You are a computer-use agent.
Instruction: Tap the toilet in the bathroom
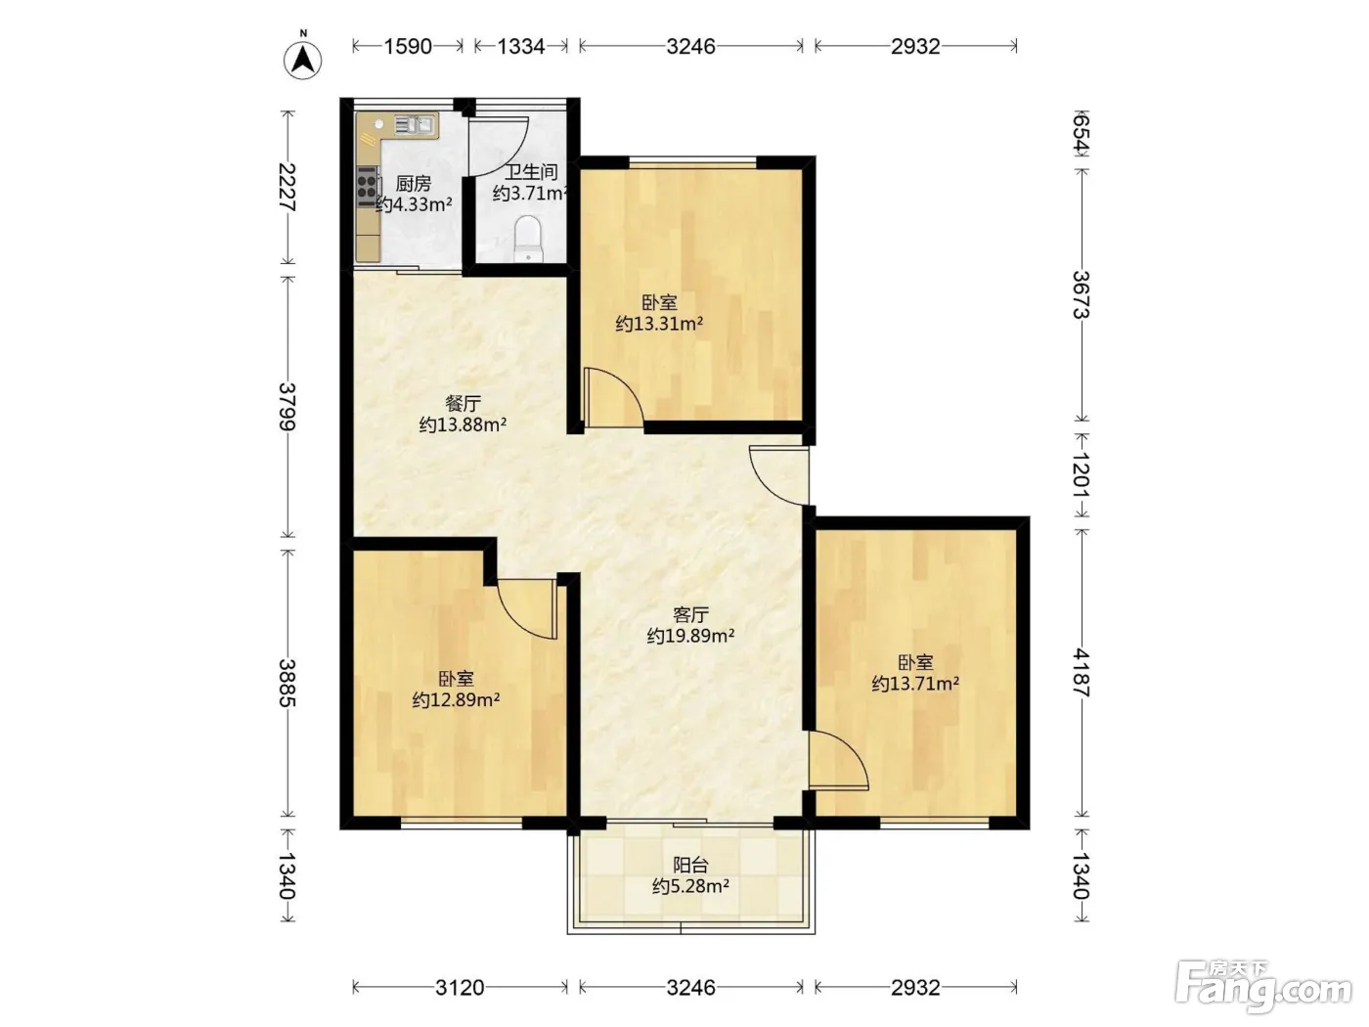(528, 239)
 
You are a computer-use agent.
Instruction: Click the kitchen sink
(415, 125)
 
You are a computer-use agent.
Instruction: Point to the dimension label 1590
(407, 46)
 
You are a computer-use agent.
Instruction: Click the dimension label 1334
(521, 46)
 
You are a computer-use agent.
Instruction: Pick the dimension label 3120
(460, 987)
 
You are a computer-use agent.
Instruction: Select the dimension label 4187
(1082, 673)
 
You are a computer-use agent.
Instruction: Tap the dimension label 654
(1082, 132)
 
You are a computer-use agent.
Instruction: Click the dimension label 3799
(287, 407)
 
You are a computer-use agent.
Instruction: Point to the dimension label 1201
(1082, 474)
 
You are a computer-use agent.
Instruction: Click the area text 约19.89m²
(690, 636)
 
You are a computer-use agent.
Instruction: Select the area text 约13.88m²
(463, 424)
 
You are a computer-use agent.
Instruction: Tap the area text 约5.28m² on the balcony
(691, 886)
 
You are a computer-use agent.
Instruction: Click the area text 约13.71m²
(915, 684)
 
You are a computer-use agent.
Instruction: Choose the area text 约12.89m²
(456, 699)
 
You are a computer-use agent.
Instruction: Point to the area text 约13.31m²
(660, 324)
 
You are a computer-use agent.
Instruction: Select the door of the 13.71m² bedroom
(839, 760)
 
